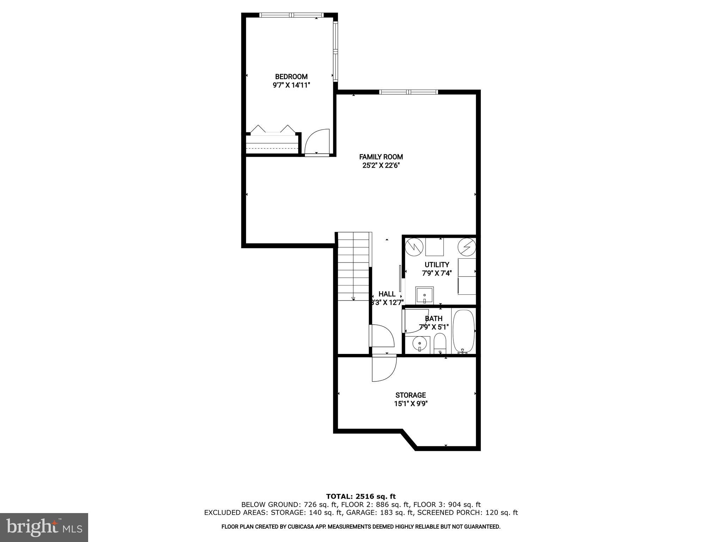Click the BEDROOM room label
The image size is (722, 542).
pyautogui.click(x=291, y=77)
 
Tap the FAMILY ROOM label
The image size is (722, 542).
pyautogui.click(x=381, y=157)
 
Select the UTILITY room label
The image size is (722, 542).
pyautogui.click(x=437, y=265)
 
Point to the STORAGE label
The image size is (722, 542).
pyautogui.click(x=410, y=395)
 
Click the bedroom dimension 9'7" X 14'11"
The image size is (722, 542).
pyautogui.click(x=291, y=85)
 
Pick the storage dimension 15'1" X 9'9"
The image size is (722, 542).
pyautogui.click(x=411, y=404)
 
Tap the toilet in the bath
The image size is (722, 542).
pyautogui.click(x=440, y=344)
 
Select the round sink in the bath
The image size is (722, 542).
pyautogui.click(x=420, y=344)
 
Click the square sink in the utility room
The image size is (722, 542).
pyautogui.click(x=424, y=295)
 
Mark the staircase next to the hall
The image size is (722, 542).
pyautogui.click(x=353, y=266)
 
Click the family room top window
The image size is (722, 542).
pyautogui.click(x=409, y=92)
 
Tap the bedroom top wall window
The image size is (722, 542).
pyautogui.click(x=291, y=15)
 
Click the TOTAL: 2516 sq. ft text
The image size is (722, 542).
pyautogui.click(x=361, y=497)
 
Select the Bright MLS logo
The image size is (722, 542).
pyautogui.click(x=44, y=527)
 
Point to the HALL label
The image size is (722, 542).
pyautogui.click(x=387, y=294)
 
